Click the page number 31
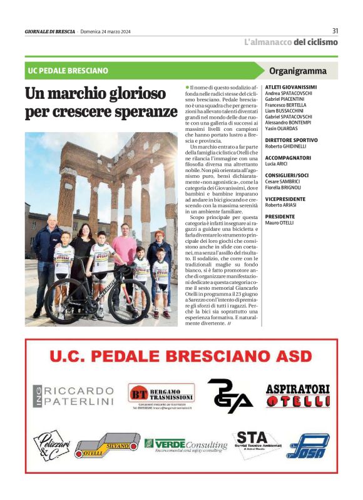coord(335,31)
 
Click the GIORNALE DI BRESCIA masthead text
coord(50,31)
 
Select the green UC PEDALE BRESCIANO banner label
coord(68,71)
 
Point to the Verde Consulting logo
coord(186,445)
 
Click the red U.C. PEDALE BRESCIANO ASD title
coord(181,357)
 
